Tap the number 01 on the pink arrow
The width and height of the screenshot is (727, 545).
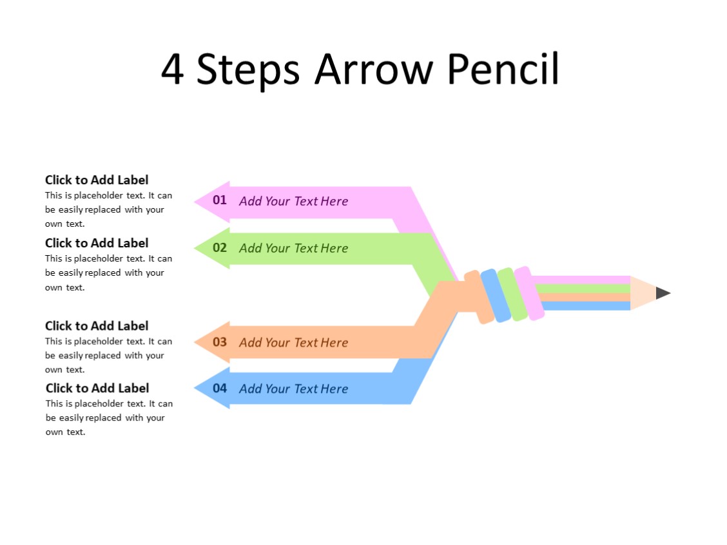(x=220, y=200)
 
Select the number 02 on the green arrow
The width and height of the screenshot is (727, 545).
(x=220, y=247)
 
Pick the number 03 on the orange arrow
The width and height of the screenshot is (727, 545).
(x=220, y=341)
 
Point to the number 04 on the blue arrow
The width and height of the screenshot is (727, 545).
(x=220, y=388)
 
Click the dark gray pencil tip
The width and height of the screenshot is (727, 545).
(x=663, y=293)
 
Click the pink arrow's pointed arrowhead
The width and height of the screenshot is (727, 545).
(x=205, y=202)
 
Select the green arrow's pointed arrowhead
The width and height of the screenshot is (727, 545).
(x=205, y=248)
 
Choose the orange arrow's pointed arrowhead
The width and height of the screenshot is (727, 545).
(x=205, y=342)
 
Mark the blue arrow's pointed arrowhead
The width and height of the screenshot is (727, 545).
(x=205, y=388)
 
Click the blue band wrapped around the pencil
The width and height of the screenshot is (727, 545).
(x=495, y=296)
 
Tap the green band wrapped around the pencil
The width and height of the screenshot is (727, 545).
(x=512, y=294)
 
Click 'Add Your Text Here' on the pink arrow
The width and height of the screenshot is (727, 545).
(x=293, y=201)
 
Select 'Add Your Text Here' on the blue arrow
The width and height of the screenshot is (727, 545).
(x=293, y=388)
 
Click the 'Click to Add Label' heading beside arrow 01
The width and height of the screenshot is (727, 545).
(x=97, y=180)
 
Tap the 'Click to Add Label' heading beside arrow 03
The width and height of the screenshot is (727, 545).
(x=97, y=326)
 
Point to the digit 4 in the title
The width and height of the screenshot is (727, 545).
(x=172, y=69)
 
